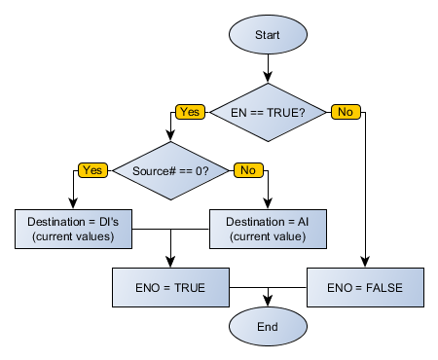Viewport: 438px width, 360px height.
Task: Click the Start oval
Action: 268,35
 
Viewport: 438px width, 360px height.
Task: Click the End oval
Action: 268,326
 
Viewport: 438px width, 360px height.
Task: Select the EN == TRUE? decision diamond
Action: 268,113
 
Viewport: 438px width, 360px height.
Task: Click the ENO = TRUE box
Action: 171,288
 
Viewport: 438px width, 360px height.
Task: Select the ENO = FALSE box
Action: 367,288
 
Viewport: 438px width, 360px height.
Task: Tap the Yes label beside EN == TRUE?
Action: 190,113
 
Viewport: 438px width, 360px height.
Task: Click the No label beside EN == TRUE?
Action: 345,113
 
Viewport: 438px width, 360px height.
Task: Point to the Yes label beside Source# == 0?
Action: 92,170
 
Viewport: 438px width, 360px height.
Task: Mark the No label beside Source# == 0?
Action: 247,170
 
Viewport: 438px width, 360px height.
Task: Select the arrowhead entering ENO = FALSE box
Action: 366,264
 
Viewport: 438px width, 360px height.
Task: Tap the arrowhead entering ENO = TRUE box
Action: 171,264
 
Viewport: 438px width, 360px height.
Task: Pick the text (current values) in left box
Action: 73,236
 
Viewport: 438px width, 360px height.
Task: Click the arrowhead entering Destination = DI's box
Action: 73,205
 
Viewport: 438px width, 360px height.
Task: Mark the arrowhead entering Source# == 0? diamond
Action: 171,145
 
